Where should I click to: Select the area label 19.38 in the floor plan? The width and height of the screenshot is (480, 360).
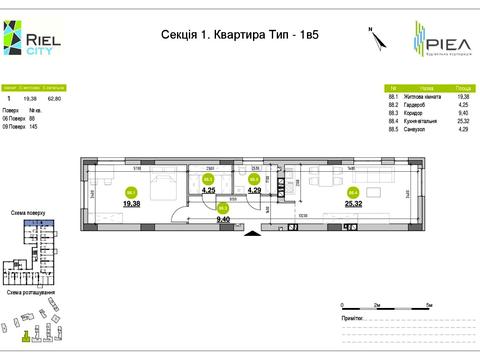tap(131, 203)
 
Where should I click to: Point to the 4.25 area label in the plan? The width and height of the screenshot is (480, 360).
tap(209, 190)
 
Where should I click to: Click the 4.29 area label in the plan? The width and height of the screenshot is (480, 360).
tap(254, 190)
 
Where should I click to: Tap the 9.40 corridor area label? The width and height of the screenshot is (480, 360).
tap(224, 218)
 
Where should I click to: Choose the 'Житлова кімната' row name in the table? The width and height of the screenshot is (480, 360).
tap(421, 97)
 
